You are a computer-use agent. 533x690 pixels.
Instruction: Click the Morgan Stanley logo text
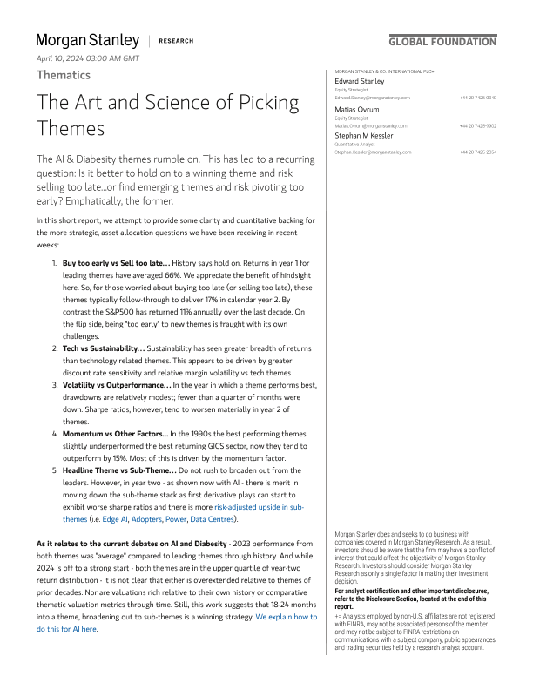[x=87, y=40]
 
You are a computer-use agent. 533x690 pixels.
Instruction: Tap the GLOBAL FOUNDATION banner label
[x=442, y=41]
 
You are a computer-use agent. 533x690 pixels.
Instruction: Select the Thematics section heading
[x=64, y=75]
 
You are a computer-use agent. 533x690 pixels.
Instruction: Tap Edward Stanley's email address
[x=372, y=98]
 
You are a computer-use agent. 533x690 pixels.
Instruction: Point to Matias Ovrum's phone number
[x=478, y=125]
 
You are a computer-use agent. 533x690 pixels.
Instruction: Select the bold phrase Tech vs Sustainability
[x=104, y=323]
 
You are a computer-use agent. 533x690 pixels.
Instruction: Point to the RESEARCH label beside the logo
[x=177, y=41]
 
